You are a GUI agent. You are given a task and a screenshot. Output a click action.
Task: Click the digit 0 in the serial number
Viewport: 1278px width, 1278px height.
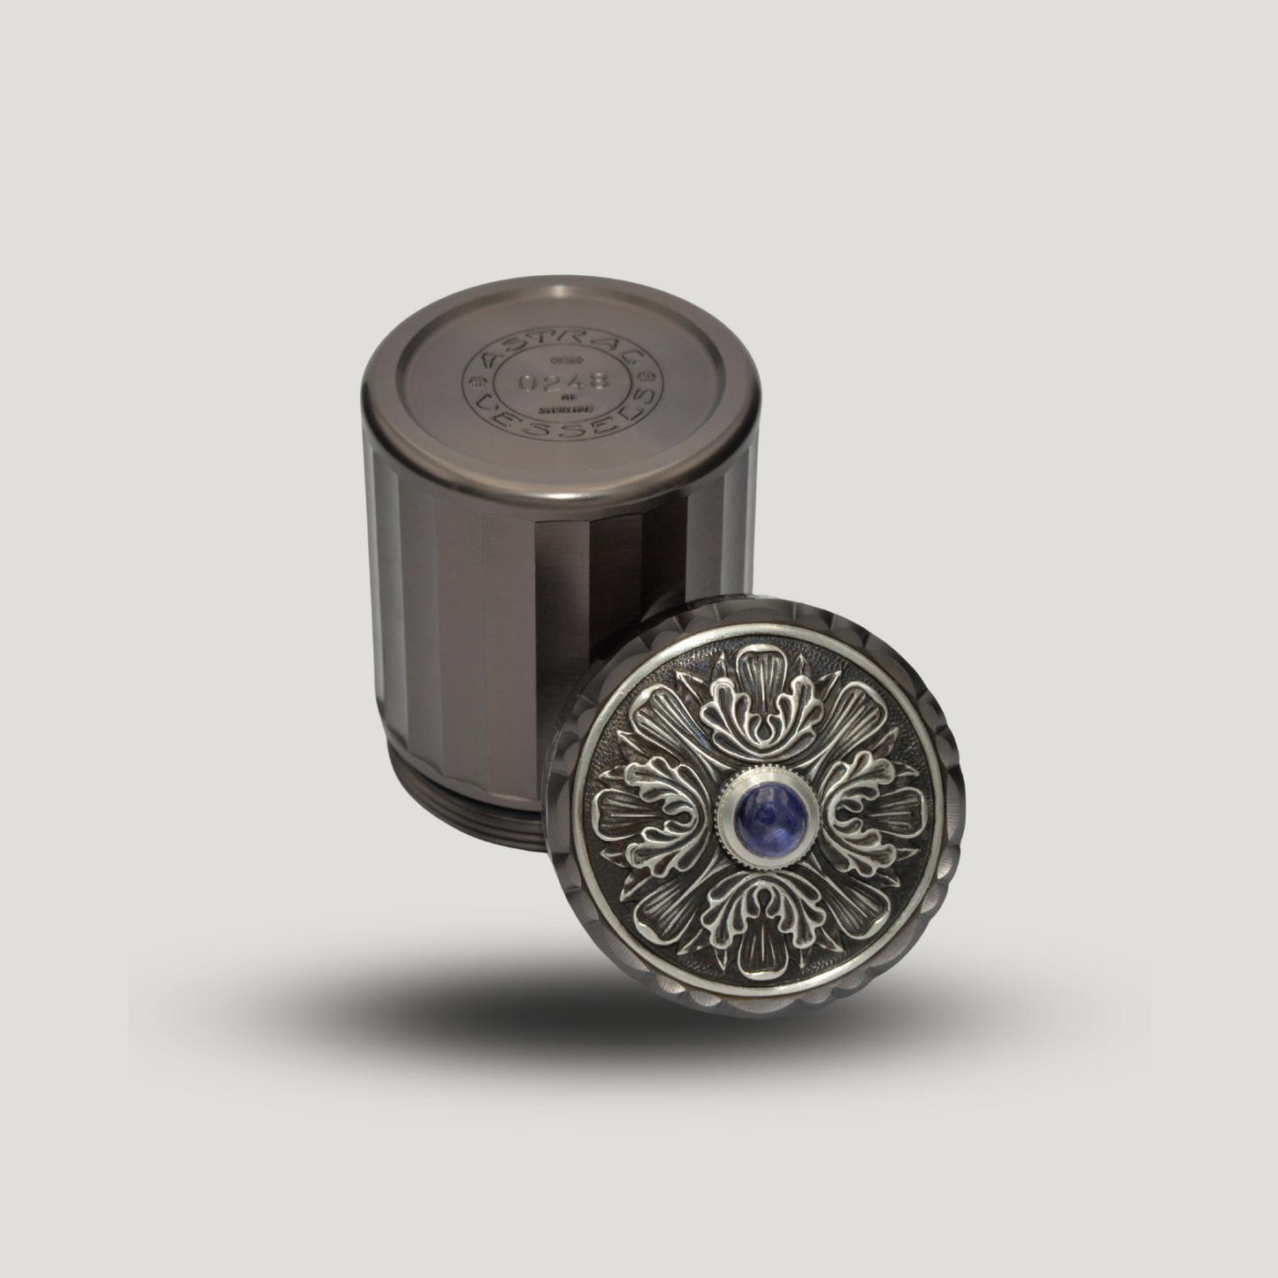(x=528, y=383)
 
